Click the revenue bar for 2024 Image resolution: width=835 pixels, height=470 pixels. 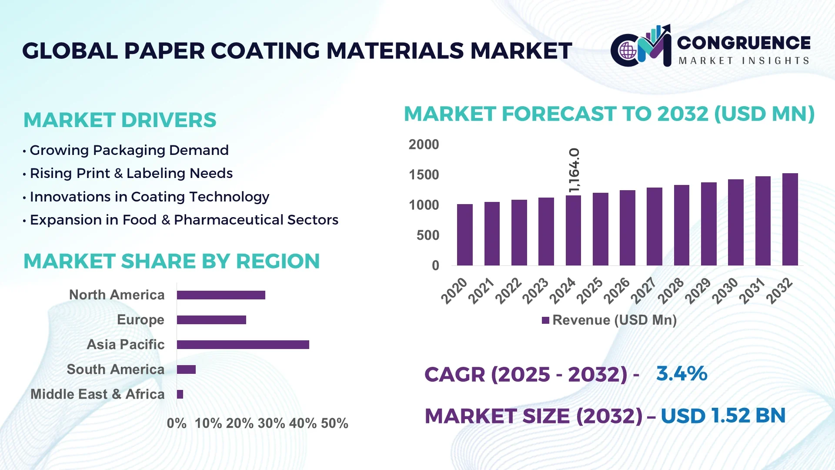(x=573, y=231)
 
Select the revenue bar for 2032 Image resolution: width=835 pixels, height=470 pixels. (x=790, y=219)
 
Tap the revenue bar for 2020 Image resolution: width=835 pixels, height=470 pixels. (x=464, y=235)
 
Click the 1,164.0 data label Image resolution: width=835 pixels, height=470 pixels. (x=574, y=170)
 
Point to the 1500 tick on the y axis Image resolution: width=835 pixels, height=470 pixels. (x=424, y=175)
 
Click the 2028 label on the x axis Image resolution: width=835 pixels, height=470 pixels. (x=671, y=290)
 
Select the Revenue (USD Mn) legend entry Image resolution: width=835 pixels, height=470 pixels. (x=609, y=320)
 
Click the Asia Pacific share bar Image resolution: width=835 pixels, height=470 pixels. (x=243, y=345)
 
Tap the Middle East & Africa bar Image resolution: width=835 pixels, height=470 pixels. (x=180, y=394)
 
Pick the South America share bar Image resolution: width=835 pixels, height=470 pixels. (x=186, y=369)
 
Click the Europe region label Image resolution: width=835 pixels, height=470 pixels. (x=140, y=320)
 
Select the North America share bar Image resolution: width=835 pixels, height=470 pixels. (x=221, y=295)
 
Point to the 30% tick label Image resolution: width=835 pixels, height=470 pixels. (x=271, y=423)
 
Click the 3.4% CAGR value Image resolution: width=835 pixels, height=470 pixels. (x=681, y=374)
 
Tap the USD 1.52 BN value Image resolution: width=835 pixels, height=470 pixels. (x=723, y=416)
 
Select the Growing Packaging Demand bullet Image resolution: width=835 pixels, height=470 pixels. (x=129, y=150)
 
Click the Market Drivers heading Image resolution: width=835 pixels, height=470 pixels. (x=120, y=120)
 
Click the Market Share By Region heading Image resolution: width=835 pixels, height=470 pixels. (x=171, y=261)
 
